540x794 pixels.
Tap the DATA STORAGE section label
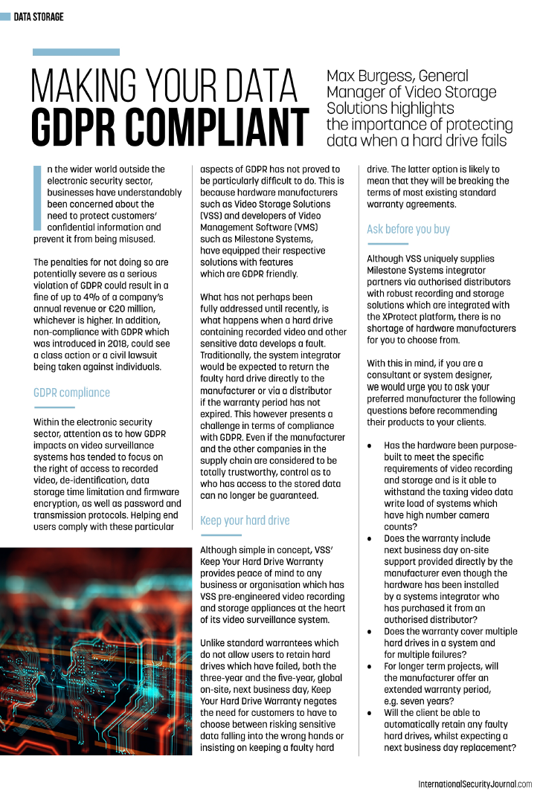39,16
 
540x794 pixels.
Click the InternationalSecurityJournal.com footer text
475,784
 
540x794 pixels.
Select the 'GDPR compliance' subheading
71,393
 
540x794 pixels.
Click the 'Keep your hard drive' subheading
245,520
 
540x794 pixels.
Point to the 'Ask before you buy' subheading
408,229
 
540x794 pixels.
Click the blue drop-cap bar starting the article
38,197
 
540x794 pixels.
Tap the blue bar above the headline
76,52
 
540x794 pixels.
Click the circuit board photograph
96,651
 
